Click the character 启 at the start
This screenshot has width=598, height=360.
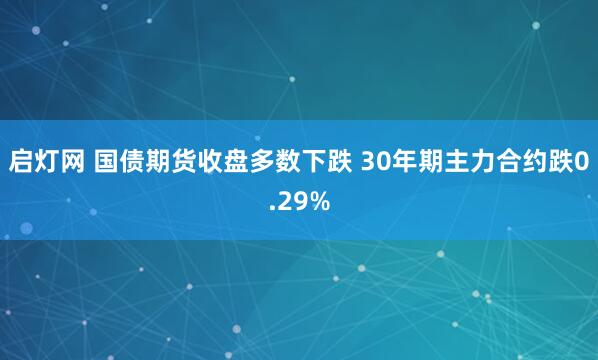click(x=20, y=160)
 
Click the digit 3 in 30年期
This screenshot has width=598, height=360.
click(x=360, y=160)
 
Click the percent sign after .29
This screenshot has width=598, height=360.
click(x=318, y=203)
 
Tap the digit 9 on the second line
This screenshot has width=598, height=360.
click(x=298, y=203)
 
